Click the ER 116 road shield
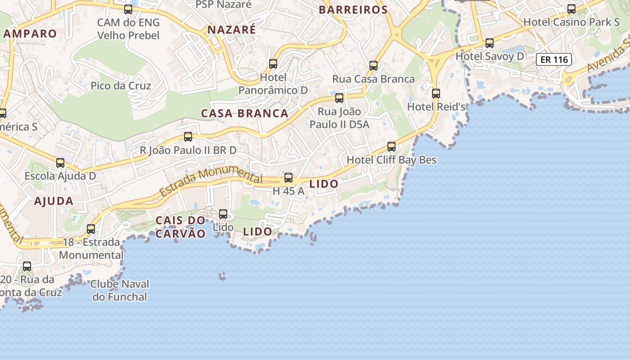(x=553, y=59)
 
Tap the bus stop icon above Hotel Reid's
(x=436, y=94)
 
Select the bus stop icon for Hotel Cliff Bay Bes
(x=391, y=147)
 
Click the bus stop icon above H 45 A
(x=288, y=178)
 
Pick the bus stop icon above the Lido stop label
(x=223, y=214)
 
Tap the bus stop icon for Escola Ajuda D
(x=60, y=163)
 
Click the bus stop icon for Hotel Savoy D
(x=490, y=43)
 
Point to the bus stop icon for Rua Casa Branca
(x=373, y=66)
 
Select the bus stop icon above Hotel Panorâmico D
(x=273, y=64)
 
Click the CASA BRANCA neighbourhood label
(x=244, y=113)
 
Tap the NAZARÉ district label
(x=231, y=30)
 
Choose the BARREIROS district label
(x=353, y=10)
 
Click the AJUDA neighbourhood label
(x=54, y=201)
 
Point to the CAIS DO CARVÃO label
(x=180, y=227)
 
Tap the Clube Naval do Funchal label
(x=120, y=290)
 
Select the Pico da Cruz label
(x=121, y=85)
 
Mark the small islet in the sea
(x=221, y=275)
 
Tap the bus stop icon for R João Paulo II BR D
(x=188, y=137)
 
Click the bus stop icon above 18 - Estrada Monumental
(x=91, y=229)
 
